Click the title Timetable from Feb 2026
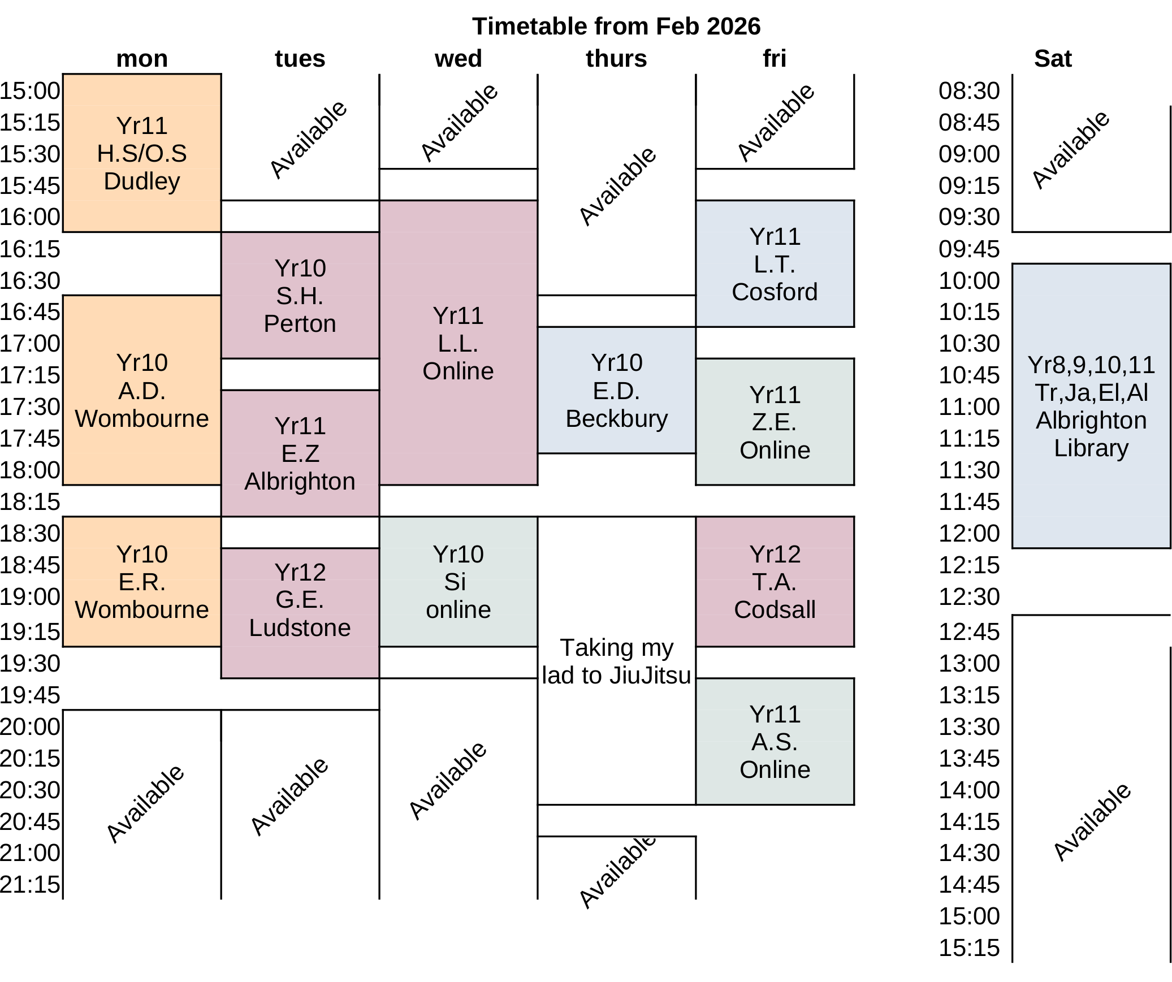pos(616,27)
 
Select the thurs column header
pos(616,59)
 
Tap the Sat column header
pos(1052,59)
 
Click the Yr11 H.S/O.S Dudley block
pos(142,153)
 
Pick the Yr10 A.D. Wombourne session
pos(142,390)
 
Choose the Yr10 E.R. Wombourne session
pos(142,582)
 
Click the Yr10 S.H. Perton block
pos(300,295)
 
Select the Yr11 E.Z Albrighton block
pos(300,453)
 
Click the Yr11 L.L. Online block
pos(458,343)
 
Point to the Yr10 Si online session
pos(458,582)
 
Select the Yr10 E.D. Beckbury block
pos(616,390)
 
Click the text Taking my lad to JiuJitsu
pos(616,661)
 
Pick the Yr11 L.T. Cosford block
pos(775,263)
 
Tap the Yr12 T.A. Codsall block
pos(775,582)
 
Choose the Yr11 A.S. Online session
pos(775,741)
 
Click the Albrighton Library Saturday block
pos(1091,406)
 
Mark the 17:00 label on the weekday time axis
pos(30,343)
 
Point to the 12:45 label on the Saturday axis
pos(969,631)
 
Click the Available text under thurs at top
pos(617,187)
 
